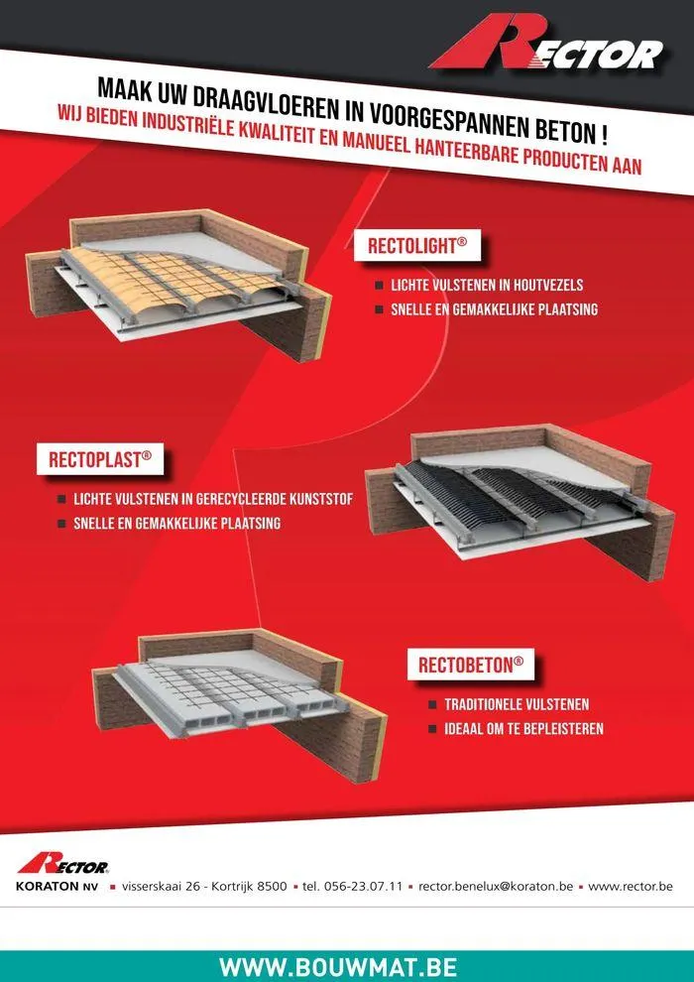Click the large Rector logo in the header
pos(545,44)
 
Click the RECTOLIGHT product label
pos(416,246)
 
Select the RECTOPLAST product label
pos(100,459)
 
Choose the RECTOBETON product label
pos(471,665)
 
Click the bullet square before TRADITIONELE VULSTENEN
pos(432,705)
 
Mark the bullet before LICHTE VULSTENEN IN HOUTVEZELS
pos(380,287)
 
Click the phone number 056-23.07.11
pos(361,887)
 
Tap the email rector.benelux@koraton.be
pos(496,887)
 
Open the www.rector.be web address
pos(631,887)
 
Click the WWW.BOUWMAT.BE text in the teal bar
pos(338,967)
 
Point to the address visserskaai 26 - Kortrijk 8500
pos(204,887)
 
